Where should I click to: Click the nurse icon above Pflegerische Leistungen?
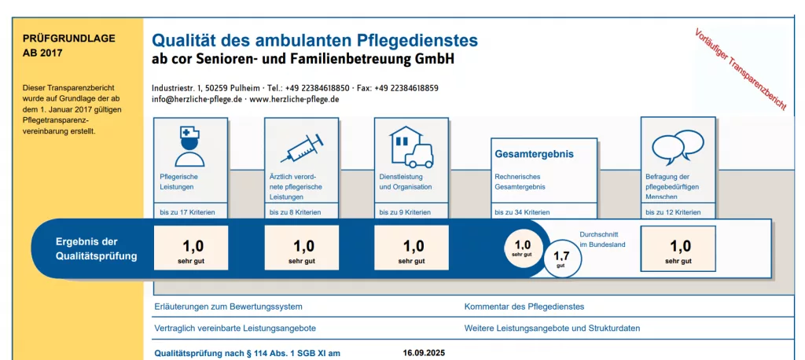click(x=190, y=145)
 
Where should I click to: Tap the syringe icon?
click(x=301, y=147)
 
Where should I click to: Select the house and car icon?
click(x=411, y=146)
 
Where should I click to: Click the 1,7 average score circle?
click(x=561, y=259)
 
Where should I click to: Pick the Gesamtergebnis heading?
click(x=534, y=154)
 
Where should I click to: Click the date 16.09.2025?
click(x=423, y=353)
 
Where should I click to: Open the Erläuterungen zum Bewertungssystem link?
click(x=228, y=307)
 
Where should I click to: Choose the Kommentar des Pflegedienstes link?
click(x=524, y=307)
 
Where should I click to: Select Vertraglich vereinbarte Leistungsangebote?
click(x=235, y=328)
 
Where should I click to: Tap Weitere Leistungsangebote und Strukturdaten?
click(x=552, y=328)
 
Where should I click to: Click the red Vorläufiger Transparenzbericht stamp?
click(x=740, y=69)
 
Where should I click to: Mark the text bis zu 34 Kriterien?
click(x=522, y=212)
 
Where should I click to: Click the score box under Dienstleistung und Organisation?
click(x=411, y=251)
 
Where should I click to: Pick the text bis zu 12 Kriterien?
click(x=673, y=212)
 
